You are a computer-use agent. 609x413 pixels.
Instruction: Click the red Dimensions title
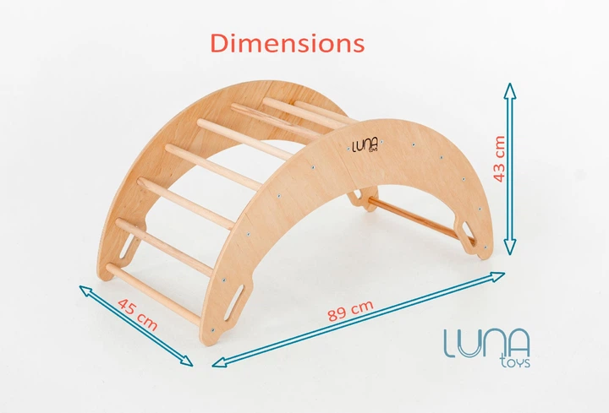(288, 43)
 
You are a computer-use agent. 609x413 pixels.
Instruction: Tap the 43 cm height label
(499, 159)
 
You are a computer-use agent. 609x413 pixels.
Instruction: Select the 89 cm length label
(350, 310)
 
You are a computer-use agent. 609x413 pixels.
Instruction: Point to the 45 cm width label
(138, 314)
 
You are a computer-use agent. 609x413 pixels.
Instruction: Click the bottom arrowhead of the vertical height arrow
(510, 247)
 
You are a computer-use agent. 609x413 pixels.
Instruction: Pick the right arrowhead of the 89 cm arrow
(497, 276)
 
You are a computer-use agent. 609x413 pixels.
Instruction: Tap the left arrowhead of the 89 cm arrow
(220, 362)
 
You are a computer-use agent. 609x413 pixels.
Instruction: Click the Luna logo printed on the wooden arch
(359, 148)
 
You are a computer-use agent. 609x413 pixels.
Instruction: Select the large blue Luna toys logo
(487, 348)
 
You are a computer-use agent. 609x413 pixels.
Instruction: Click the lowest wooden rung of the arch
(153, 295)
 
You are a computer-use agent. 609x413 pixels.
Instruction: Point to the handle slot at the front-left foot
(233, 304)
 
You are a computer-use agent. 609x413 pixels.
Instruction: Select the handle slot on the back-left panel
(127, 246)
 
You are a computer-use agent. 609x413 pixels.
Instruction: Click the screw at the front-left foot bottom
(212, 330)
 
